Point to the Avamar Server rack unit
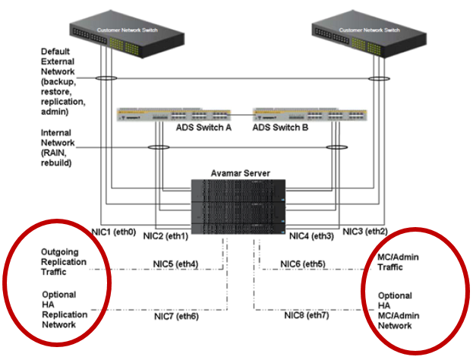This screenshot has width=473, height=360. (x=238, y=207)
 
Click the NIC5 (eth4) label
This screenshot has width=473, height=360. (x=176, y=264)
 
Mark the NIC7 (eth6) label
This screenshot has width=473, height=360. (x=176, y=315)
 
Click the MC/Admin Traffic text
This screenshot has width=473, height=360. (x=399, y=262)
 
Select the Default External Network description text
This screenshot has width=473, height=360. (x=67, y=81)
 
